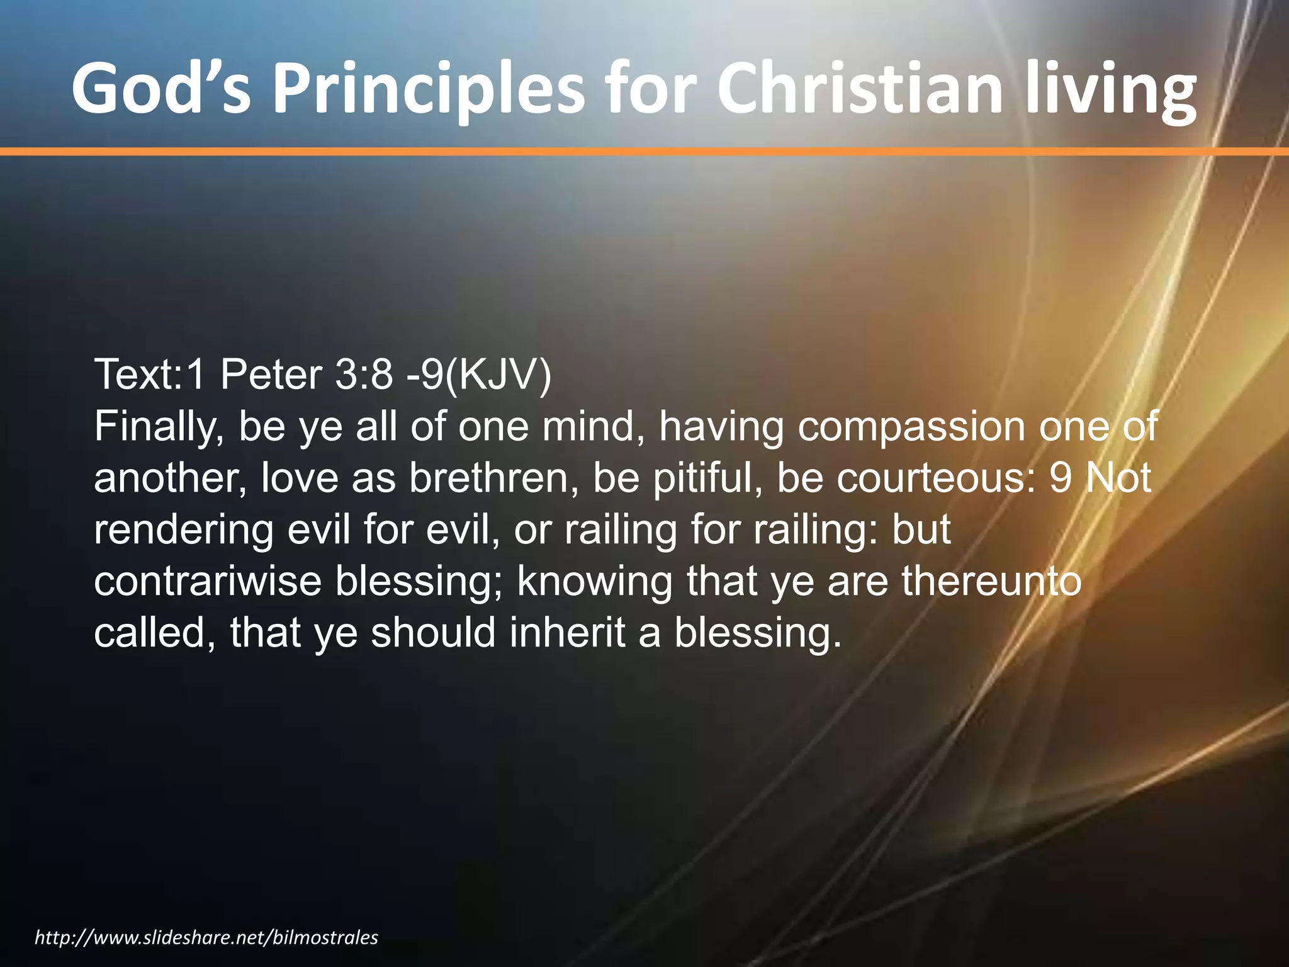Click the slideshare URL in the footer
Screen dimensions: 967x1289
click(206, 937)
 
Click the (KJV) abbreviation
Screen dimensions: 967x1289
click(497, 375)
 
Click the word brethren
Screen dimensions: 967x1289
click(493, 478)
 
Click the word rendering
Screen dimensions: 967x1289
click(184, 530)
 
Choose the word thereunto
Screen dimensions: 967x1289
click(991, 582)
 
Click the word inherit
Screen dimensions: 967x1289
click(566, 633)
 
